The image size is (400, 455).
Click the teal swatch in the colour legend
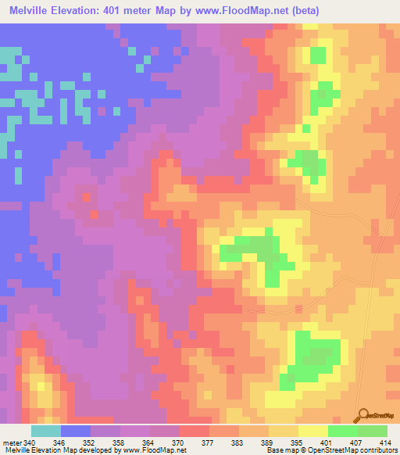click(x=46, y=431)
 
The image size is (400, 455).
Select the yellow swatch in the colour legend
click(x=313, y=431)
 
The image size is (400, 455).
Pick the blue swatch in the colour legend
click(x=76, y=431)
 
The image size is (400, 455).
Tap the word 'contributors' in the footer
click(x=377, y=450)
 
